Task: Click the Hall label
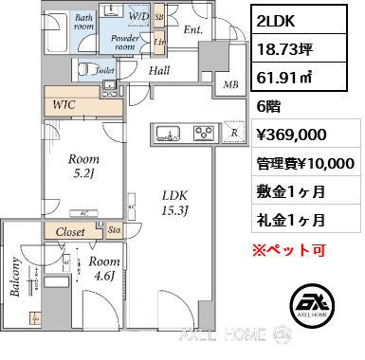click(x=158, y=69)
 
